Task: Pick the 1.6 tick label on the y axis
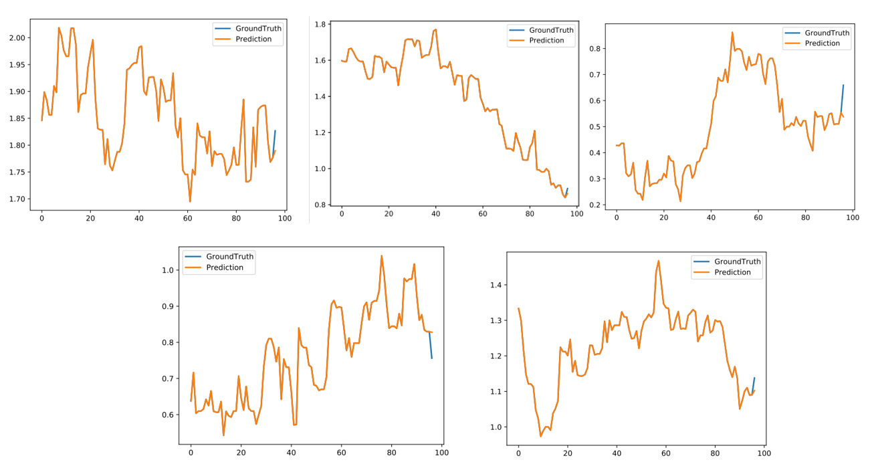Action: coord(320,61)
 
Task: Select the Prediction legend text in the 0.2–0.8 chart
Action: coord(823,43)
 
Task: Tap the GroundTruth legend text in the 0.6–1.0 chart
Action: coord(229,257)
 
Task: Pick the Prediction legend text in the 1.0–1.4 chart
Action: coord(732,272)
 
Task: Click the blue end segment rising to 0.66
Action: coord(842,99)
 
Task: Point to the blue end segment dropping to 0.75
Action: coord(431,346)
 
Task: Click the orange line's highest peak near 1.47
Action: coord(659,261)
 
